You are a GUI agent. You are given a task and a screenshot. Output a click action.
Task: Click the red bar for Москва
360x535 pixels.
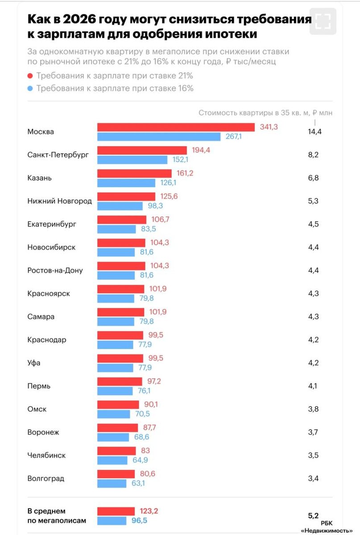[x=176, y=127]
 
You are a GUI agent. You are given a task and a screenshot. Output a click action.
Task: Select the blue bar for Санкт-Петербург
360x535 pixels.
[x=132, y=160]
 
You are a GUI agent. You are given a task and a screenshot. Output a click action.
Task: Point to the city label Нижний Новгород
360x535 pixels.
[x=59, y=201]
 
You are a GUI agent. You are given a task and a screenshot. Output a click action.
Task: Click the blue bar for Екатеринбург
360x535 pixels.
[x=116, y=229]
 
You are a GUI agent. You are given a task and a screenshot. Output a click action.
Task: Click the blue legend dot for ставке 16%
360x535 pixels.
[x=30, y=88]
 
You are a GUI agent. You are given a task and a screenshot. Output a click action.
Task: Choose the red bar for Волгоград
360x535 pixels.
[x=116, y=474]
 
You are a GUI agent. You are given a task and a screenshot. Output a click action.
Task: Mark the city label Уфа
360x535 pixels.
[x=34, y=363]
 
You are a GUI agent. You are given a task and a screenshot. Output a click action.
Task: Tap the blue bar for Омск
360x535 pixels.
[x=115, y=414]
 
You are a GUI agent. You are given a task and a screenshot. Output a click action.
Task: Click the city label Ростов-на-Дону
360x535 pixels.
[x=55, y=271]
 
